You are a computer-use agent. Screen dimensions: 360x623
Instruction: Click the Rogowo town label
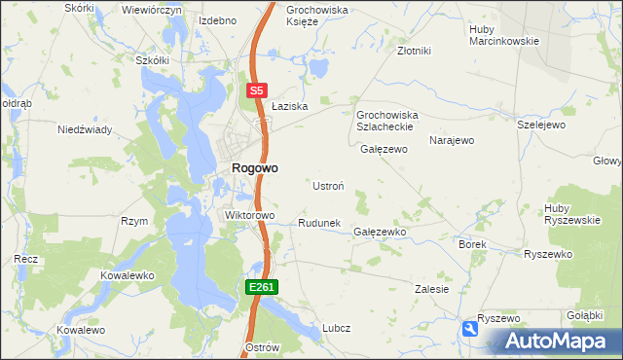(x=254, y=167)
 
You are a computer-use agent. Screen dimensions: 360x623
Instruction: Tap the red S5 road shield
(x=256, y=90)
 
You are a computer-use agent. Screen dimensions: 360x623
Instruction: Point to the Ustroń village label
(x=327, y=185)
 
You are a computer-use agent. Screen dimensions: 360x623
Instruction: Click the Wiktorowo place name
(x=250, y=215)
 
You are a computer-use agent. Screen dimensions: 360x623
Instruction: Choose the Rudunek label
(x=318, y=223)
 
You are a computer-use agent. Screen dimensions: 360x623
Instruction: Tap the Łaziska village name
(x=289, y=106)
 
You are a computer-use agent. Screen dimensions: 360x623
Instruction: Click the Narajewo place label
(x=452, y=141)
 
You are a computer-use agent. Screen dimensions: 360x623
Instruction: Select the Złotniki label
(x=414, y=51)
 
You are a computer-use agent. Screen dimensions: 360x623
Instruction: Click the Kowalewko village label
(x=128, y=275)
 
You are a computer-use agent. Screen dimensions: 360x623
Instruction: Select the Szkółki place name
(x=152, y=59)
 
